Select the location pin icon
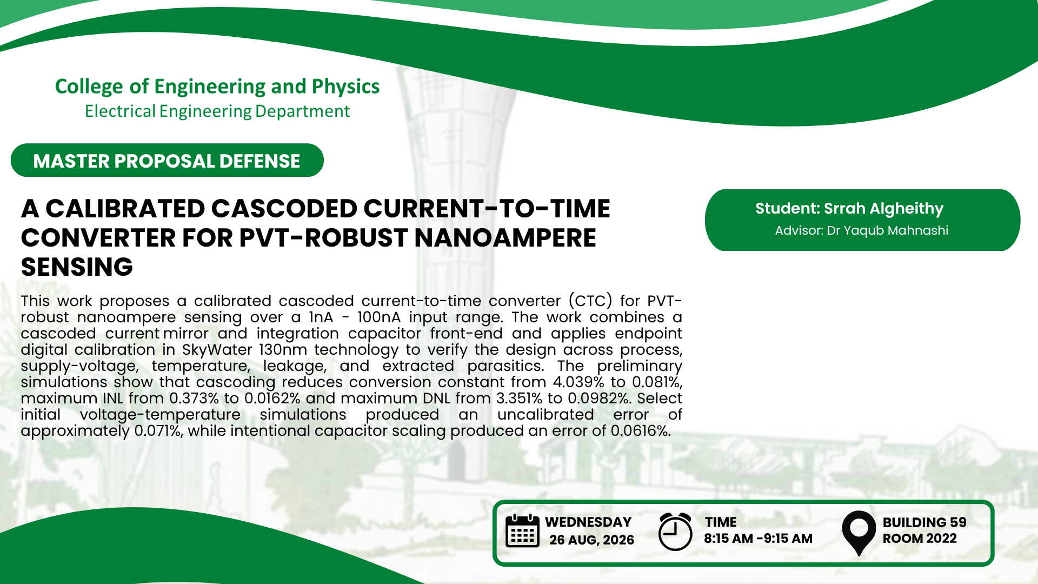coord(859,533)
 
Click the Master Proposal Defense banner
coord(167,160)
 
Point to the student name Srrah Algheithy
coord(883,208)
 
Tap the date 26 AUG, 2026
coord(591,540)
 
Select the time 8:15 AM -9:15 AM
coord(758,539)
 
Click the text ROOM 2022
coord(920,539)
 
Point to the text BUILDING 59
coord(924,522)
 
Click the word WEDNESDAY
coord(588,522)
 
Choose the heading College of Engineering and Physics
coord(217,87)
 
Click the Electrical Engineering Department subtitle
coord(217,111)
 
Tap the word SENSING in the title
coord(77,267)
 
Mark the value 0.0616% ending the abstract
coord(641,431)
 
